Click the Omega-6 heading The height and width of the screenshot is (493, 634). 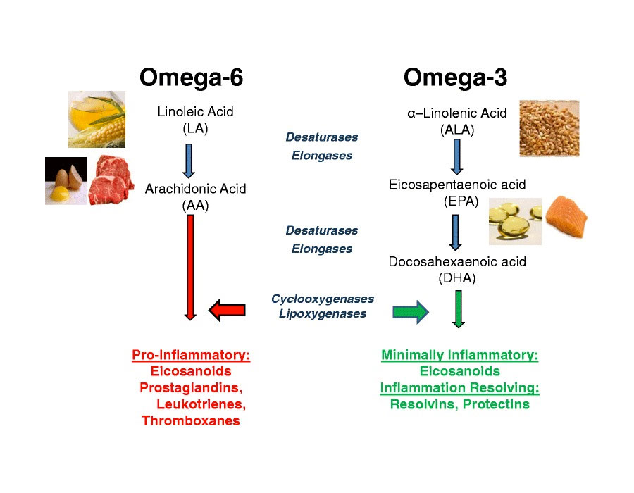click(191, 77)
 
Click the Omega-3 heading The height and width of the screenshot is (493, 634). click(455, 77)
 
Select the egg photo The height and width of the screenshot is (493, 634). click(66, 181)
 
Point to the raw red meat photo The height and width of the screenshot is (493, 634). click(111, 180)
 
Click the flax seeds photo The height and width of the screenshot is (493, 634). click(549, 128)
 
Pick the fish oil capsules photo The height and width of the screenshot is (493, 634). click(515, 221)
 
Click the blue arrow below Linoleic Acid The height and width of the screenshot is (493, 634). click(188, 161)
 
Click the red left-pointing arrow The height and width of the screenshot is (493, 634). click(228, 310)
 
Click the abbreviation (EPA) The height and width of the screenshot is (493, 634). click(457, 201)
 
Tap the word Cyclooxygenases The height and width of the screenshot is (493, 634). click(323, 299)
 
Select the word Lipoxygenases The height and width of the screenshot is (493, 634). click(323, 314)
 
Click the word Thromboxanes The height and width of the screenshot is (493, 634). click(191, 421)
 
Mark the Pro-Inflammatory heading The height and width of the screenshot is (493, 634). click(191, 355)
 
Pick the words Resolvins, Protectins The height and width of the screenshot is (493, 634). click(459, 404)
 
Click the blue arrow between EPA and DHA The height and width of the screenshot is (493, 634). click(456, 232)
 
